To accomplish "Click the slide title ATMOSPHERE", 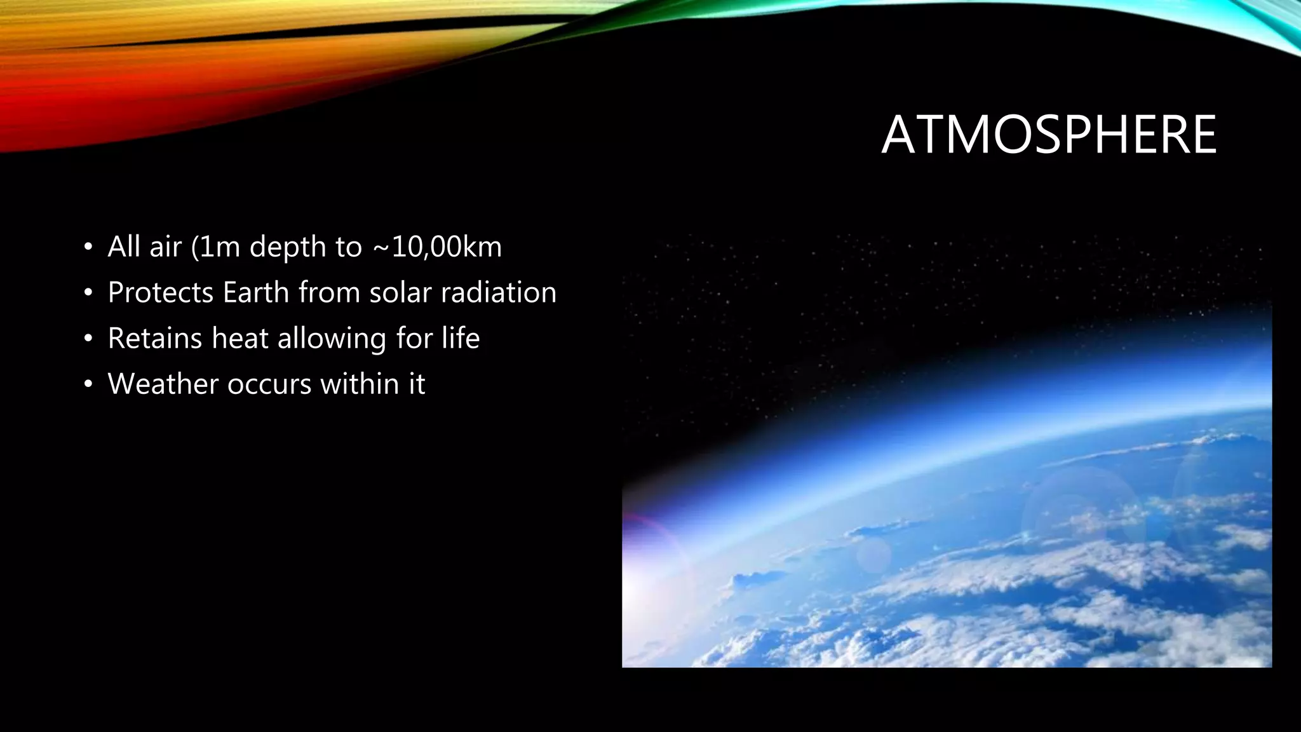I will click(x=1049, y=135).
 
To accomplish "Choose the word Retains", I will click(x=155, y=339).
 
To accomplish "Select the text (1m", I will click(x=215, y=247).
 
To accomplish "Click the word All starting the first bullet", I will click(x=123, y=247).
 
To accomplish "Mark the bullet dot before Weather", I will click(x=88, y=384).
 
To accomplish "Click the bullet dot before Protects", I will click(x=88, y=293).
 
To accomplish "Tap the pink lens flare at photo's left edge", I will click(x=642, y=540).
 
